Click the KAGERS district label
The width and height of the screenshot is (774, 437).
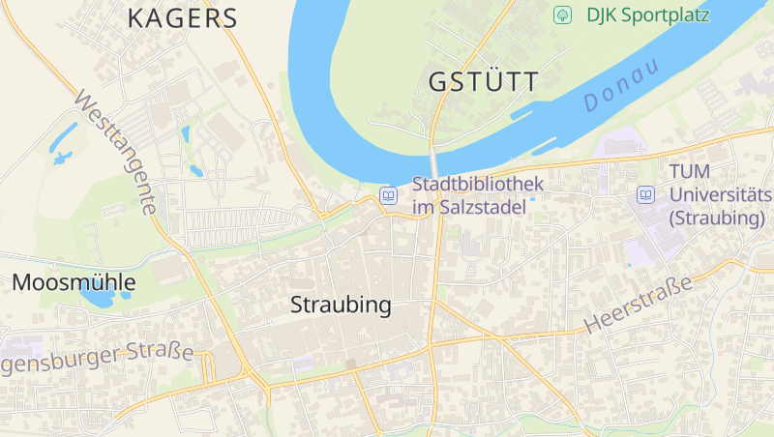[182, 18]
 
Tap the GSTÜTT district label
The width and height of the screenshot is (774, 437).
[483, 82]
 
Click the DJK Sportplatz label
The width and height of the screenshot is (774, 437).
[647, 15]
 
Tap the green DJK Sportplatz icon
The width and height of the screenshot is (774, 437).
[562, 15]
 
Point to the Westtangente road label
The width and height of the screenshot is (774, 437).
[114, 153]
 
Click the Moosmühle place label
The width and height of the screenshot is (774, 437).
[74, 283]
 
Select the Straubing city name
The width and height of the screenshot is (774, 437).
[341, 306]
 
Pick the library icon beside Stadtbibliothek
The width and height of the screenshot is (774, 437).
[389, 194]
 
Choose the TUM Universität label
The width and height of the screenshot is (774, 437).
[716, 194]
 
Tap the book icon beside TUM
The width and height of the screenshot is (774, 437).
[645, 194]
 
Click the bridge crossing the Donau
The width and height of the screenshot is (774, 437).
[434, 161]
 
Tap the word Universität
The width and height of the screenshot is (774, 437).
[717, 194]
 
